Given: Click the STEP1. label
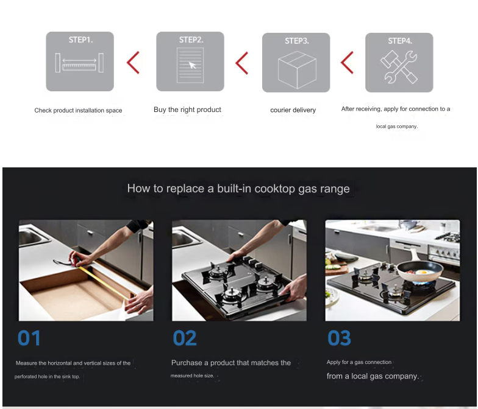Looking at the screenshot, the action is pos(80,40).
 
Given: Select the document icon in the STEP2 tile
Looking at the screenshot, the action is pos(190,65).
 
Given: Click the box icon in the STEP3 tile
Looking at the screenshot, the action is pos(298,69).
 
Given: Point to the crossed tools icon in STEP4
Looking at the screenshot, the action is pos(399,67).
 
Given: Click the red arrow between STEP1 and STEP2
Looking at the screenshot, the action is pos(133,62).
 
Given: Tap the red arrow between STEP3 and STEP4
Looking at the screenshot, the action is pos(347,62).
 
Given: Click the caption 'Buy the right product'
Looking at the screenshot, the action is pos(187,110).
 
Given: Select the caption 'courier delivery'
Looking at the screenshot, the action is pos(293,110).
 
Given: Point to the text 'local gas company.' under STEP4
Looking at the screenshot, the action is pos(396,127).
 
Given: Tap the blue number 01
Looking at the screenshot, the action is pos(29,338).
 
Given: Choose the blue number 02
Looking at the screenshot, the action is pos(185,338).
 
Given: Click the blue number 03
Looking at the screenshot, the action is pos(339,338).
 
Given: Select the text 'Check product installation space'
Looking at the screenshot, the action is pos(78,110).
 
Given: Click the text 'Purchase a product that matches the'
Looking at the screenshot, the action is pos(230,363).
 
